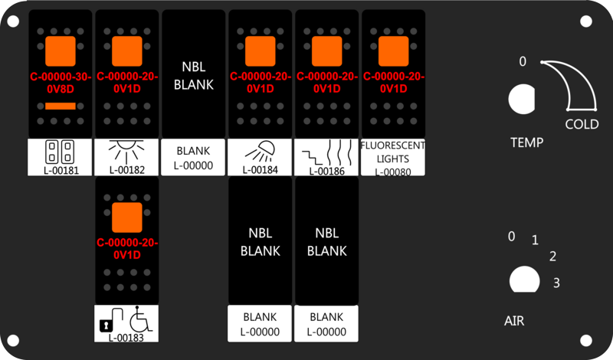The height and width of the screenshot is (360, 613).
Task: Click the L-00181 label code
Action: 61,170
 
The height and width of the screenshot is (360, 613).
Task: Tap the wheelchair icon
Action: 141,319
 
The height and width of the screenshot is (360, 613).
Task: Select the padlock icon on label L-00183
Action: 105,326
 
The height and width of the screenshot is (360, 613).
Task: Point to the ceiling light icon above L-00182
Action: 126,151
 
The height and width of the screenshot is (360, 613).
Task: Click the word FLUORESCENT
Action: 393,146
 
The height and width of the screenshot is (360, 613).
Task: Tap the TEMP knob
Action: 522,99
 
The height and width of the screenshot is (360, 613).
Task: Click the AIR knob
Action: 525,280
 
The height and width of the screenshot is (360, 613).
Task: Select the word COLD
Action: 582,124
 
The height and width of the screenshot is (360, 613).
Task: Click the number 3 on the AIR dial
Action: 556,283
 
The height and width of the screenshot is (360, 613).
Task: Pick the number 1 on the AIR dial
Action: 535,240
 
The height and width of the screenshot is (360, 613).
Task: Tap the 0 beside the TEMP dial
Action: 523,61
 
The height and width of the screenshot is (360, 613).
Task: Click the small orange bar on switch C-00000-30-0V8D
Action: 61,106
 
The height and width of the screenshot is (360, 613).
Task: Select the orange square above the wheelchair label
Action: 127,218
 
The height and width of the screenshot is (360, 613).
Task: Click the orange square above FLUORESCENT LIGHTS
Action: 393,51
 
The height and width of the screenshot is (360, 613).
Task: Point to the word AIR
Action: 514,321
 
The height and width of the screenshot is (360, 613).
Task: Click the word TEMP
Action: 526,142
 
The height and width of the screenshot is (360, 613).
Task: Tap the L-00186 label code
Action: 327,171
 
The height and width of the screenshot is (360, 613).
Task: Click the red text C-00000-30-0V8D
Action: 61,83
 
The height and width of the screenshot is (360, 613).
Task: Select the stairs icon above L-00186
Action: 312,158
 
